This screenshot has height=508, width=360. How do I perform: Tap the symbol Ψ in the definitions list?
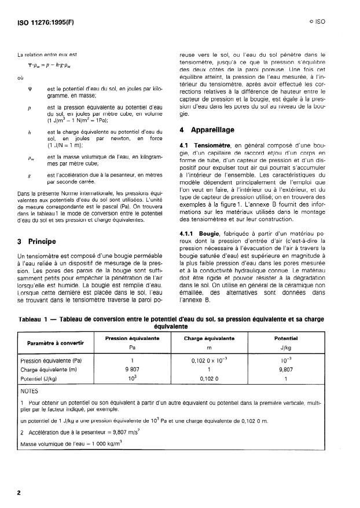28,89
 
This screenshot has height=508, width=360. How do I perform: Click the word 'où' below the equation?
21,75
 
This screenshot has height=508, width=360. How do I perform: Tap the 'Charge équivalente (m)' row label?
49,368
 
